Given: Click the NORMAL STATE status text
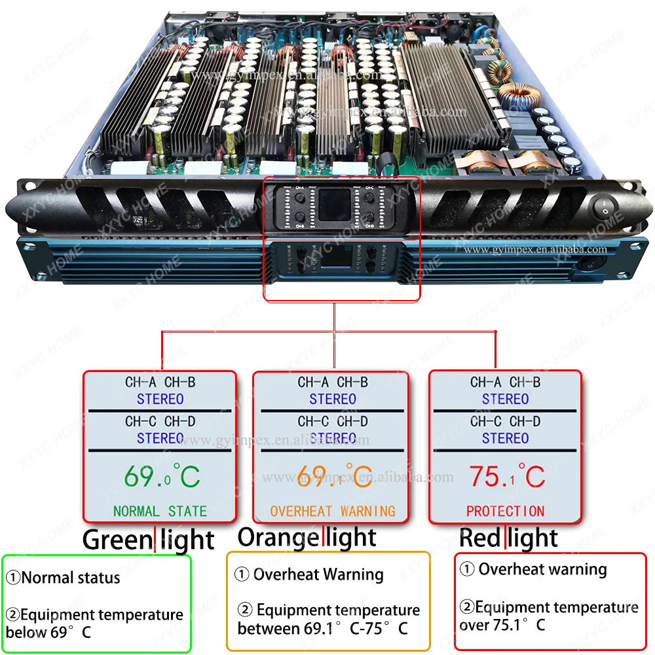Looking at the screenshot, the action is coord(160,511).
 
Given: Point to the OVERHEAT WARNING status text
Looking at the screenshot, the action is coord(333,510).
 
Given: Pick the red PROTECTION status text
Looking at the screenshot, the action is coord(505,510).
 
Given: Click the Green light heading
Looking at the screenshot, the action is coord(148,540).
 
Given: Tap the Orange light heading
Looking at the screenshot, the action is coord(307,537).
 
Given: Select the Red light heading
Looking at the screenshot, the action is coord(508,538).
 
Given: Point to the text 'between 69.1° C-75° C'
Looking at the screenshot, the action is coord(322,629).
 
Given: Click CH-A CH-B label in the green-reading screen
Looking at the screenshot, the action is coord(160,383).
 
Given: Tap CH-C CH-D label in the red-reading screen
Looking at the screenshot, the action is coord(505,421).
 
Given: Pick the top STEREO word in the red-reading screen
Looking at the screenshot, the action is coord(505,399).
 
